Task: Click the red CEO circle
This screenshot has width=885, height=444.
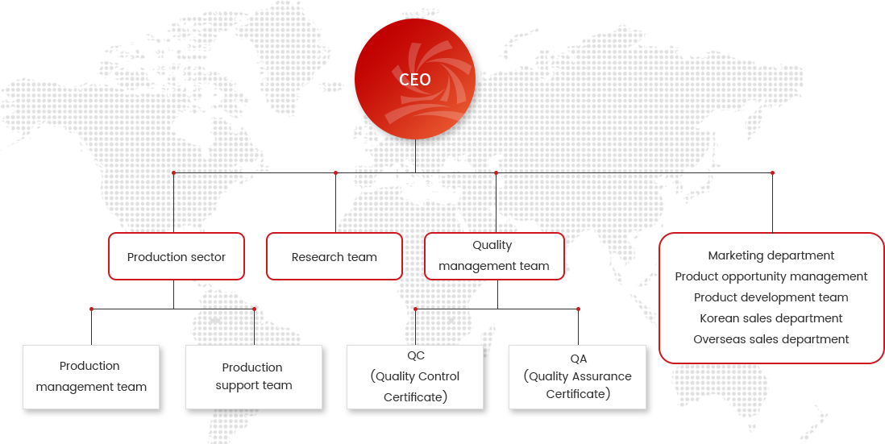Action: (x=415, y=79)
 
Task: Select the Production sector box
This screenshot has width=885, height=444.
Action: (x=176, y=256)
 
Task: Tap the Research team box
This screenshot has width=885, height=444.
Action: (x=334, y=256)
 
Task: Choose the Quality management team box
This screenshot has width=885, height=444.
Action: (x=494, y=256)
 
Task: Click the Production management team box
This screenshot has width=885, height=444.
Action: (x=91, y=377)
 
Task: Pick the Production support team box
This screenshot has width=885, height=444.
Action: (x=253, y=377)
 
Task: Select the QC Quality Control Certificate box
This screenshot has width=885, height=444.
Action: (x=415, y=377)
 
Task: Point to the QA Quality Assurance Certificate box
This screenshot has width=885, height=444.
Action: (x=577, y=377)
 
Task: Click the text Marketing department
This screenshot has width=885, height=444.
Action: (x=771, y=255)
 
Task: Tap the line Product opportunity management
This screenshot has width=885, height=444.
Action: (x=771, y=276)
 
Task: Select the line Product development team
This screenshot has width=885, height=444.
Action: (x=771, y=297)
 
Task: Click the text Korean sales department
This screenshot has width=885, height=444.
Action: (x=771, y=318)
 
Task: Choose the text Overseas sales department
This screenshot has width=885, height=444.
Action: (x=771, y=339)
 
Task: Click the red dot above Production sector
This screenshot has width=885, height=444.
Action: (x=174, y=172)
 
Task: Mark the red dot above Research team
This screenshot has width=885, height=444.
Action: (x=335, y=172)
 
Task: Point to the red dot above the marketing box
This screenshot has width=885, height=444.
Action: (x=772, y=172)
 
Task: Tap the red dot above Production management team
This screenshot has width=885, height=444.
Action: (x=91, y=309)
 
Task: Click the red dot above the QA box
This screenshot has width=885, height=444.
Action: (x=578, y=309)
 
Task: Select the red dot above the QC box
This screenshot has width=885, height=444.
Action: (x=415, y=309)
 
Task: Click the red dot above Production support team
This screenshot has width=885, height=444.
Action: (x=254, y=309)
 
